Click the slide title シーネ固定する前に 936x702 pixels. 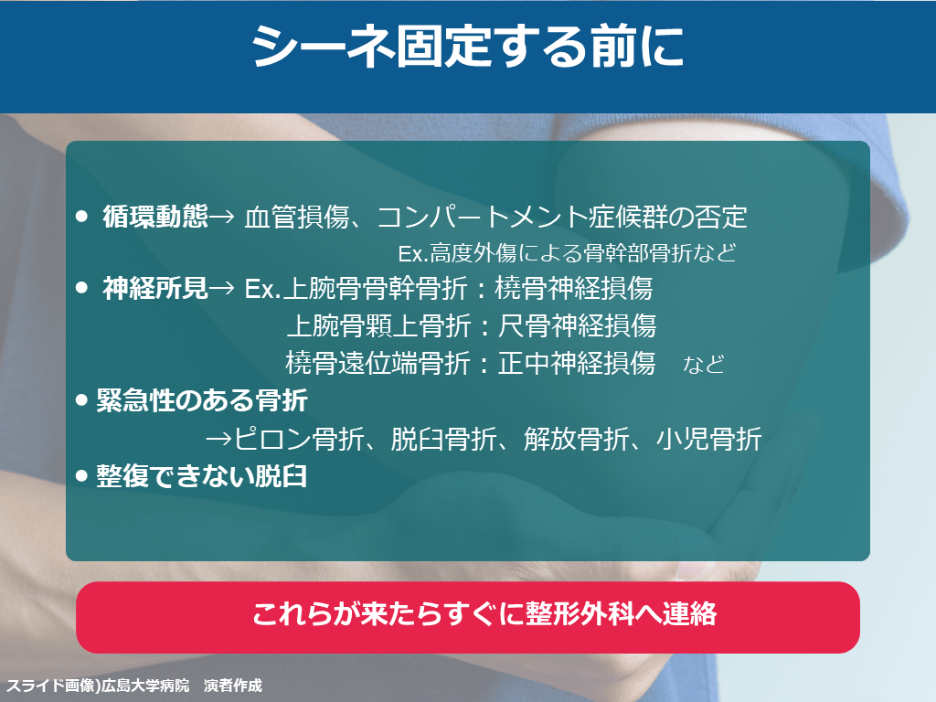click(467, 47)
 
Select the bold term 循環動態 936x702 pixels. click(155, 216)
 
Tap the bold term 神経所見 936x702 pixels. click(155, 288)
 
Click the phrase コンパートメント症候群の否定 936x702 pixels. click(562, 217)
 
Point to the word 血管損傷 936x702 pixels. click(297, 217)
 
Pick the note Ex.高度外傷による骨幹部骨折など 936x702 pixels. click(567, 253)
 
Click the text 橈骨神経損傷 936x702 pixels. click(574, 288)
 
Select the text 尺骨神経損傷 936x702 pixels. click(578, 326)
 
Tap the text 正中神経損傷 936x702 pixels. click(578, 363)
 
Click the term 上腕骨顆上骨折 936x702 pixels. click(379, 326)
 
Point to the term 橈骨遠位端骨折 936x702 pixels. click(378, 363)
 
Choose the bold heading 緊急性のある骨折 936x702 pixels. click(202, 400)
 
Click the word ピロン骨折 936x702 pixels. click(299, 440)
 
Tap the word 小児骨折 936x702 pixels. click(709, 440)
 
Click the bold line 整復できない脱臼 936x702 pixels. click(202, 475)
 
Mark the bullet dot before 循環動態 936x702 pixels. click(81, 216)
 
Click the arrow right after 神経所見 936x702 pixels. click(222, 289)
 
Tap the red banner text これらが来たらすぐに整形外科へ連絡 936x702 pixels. click(484, 614)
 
